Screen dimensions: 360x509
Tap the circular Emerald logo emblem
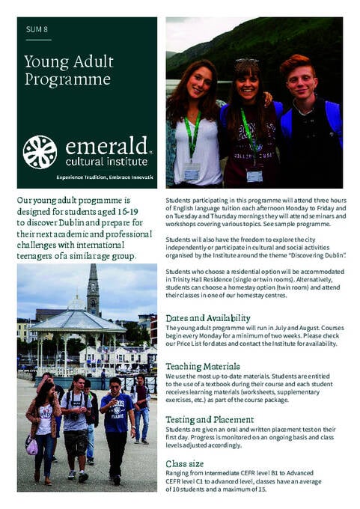[x=40, y=152]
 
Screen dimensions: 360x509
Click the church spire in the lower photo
[x=93, y=288]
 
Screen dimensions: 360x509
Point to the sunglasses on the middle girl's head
[x=247, y=61]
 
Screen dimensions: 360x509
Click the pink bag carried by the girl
[x=31, y=447]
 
